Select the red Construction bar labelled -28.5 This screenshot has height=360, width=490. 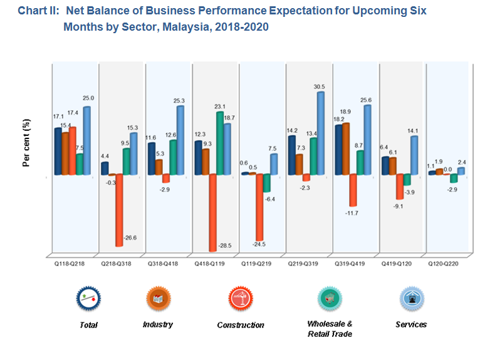213,212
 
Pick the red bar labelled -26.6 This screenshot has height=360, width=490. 119,210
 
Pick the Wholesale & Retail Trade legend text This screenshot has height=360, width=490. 330,329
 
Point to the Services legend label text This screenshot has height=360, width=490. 411,324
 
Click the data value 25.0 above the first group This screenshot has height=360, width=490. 88,98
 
